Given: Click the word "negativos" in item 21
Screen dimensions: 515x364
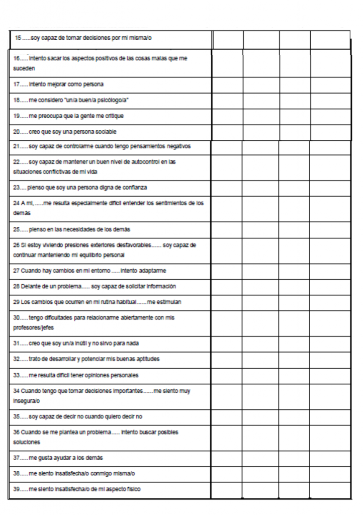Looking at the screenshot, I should click(x=176, y=147).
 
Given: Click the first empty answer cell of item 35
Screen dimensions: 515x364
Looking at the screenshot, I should click(x=226, y=416).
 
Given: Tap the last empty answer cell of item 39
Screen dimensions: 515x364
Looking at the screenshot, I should click(x=330, y=489).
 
